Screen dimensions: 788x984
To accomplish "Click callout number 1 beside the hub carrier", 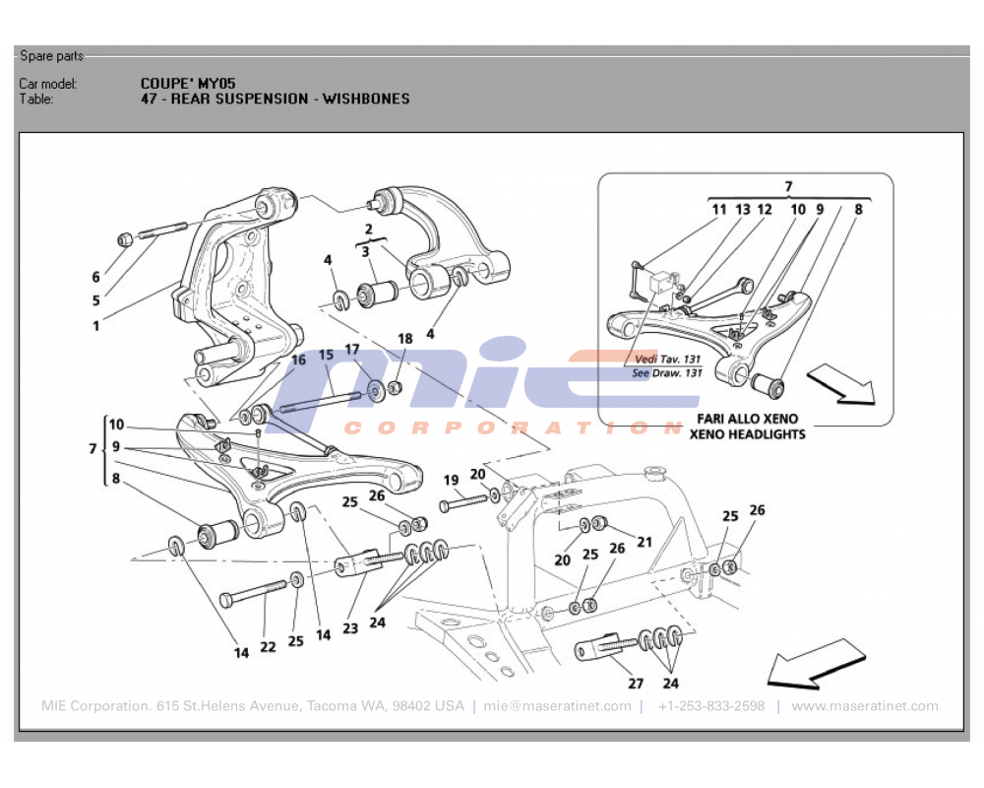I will point(96,326).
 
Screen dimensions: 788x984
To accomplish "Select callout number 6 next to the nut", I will point(96,277).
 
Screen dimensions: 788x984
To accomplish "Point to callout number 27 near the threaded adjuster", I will point(636,682).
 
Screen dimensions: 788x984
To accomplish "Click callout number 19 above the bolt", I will point(451,481).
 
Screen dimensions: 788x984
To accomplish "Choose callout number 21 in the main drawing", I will point(645,542).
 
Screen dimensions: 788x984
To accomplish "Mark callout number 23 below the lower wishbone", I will point(350,627).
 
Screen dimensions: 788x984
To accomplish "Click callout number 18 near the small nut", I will point(405,339).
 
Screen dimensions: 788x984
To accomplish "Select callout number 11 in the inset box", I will point(719,209).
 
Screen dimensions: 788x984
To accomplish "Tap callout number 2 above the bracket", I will point(368,229).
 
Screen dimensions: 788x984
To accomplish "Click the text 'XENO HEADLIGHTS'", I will point(747,433).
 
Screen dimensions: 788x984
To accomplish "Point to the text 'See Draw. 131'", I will point(666,373).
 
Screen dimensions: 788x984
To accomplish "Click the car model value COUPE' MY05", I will point(188,84).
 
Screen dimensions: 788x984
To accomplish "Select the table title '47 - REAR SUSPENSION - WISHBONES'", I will point(275,98).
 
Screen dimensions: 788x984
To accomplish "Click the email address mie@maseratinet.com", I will point(557,706).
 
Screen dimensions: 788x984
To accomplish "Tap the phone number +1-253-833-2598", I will point(710,706).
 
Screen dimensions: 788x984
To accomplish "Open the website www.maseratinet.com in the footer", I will point(864,706).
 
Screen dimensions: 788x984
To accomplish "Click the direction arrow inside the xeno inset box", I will point(841,385).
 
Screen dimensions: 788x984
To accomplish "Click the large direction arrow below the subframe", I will point(815,661).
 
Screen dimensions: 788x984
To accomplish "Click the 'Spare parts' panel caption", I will point(51,56).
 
